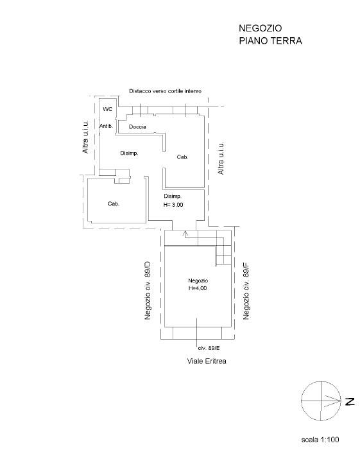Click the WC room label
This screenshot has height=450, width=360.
(x=108, y=109)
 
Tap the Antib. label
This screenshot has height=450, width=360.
(x=106, y=126)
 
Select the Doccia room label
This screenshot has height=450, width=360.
(x=137, y=126)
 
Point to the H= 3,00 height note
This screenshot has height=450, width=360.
(x=173, y=205)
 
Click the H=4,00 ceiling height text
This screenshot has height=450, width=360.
(x=198, y=288)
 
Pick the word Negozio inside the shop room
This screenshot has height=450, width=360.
(x=198, y=281)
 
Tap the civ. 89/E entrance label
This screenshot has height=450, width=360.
(x=209, y=348)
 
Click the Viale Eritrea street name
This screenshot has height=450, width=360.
(x=207, y=361)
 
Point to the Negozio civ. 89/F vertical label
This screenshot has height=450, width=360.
(x=246, y=290)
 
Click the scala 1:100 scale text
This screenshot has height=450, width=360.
(x=320, y=439)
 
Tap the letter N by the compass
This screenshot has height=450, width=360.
(x=350, y=401)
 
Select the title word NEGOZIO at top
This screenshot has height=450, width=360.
(x=261, y=28)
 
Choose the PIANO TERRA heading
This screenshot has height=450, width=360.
(x=271, y=40)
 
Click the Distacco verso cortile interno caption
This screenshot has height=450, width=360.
(x=165, y=91)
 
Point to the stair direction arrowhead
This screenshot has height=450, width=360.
(x=185, y=234)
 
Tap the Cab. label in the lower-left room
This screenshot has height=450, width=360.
(x=114, y=203)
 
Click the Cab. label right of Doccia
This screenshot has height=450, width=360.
(x=182, y=157)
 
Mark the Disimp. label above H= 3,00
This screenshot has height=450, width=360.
(x=173, y=196)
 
